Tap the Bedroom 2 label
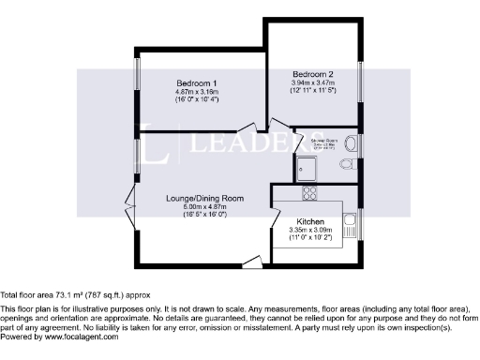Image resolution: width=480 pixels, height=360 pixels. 313,74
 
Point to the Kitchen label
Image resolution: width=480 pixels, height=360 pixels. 310,222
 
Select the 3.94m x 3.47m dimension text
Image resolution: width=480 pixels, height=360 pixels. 313,82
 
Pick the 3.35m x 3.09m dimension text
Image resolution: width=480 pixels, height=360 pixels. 310,231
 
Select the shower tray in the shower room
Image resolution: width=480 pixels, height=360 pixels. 308,169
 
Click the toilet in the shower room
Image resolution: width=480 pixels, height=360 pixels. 346,164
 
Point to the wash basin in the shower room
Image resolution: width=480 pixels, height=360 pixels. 349,142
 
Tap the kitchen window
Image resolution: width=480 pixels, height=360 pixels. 359,225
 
